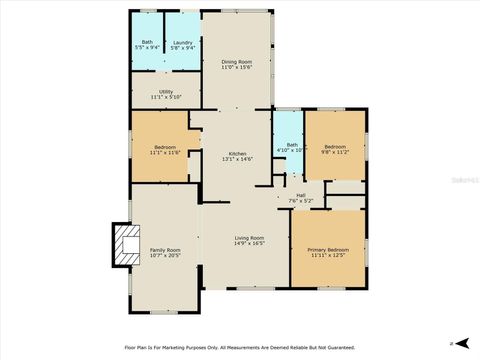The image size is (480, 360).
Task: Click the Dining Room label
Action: click(x=236, y=62)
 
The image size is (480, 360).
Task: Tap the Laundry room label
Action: click(x=182, y=42)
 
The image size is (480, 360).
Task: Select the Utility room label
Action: click(x=166, y=91)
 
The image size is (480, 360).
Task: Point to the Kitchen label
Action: click(x=237, y=153)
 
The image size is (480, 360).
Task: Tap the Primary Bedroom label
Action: click(x=328, y=249)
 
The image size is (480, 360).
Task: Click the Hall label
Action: click(x=300, y=195)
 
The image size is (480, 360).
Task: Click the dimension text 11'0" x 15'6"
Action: click(x=236, y=68)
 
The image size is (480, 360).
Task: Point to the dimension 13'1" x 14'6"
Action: click(x=237, y=159)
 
